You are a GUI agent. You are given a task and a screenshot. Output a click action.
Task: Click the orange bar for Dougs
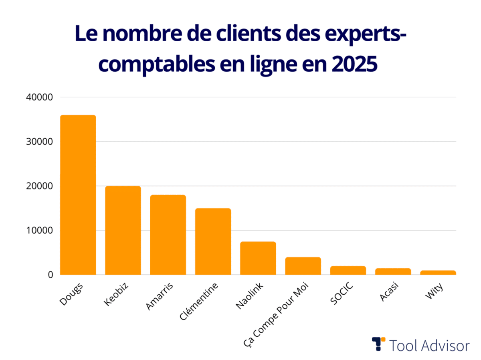tap(78, 195)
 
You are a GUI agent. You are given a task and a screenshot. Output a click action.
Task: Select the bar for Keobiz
tap(123, 231)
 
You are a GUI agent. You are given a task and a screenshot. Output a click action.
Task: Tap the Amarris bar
tap(168, 235)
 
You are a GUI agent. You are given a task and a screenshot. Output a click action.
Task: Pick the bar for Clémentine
tap(213, 242)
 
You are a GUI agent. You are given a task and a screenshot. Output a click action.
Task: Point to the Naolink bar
tap(258, 258)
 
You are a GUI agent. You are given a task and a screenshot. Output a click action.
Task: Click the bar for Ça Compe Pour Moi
tap(303, 266)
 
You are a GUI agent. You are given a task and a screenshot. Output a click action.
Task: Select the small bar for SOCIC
tap(348, 270)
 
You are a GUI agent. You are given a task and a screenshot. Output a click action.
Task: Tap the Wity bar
tap(438, 273)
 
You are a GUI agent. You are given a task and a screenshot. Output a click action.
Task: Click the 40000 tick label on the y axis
tap(39, 97)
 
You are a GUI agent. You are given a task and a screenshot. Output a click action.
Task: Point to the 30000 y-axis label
tap(39, 142)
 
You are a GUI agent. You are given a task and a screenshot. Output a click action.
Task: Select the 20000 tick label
tap(39, 186)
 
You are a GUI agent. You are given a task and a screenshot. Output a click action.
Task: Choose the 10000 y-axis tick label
tap(39, 231)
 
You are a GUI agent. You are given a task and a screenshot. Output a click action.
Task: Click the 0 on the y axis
tap(51, 275)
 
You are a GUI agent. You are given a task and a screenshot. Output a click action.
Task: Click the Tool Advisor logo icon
tap(378, 344)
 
